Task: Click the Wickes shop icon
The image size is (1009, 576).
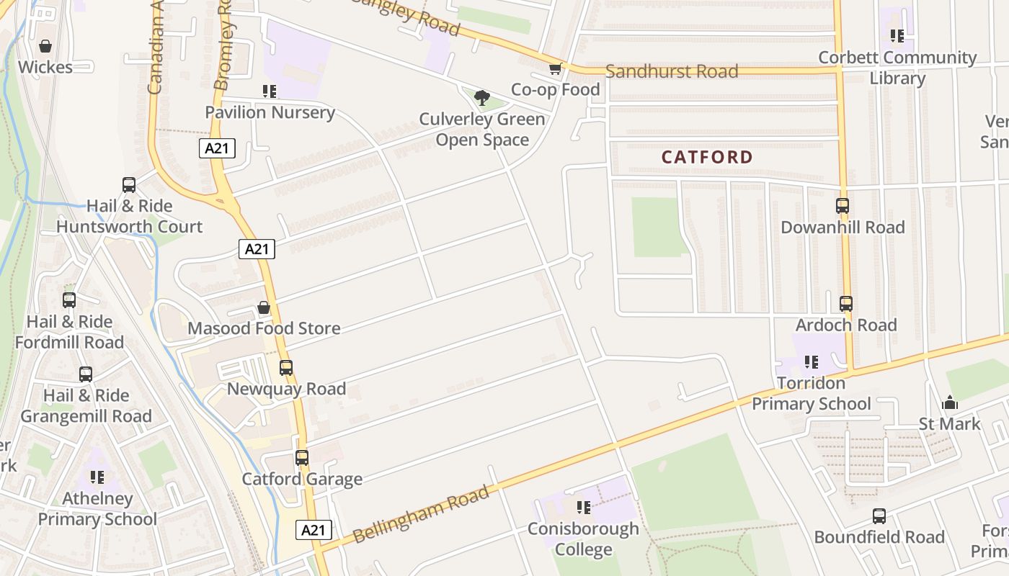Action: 45,47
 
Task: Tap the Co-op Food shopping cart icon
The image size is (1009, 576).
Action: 555,69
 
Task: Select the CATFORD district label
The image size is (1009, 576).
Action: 706,157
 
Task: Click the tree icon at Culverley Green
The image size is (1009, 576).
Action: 482,98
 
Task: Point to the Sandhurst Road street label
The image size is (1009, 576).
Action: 672,71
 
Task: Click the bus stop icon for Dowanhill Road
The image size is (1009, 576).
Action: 843,206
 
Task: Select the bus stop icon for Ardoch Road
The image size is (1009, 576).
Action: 845,304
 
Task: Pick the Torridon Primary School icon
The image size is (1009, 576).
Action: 812,362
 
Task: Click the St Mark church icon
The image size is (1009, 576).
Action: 949,403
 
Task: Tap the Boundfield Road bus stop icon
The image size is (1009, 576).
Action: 879,516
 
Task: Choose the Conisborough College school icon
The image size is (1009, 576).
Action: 584,508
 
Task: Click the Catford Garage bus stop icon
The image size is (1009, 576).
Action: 301,458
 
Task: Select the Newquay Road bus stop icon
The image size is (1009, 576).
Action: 286,368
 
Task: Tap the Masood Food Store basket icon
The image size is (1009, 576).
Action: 264,307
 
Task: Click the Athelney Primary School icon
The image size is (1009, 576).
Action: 97,477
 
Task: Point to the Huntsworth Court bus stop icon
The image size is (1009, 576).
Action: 129,185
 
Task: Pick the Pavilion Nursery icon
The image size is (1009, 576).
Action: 270,91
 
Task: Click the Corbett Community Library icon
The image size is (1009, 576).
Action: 897,36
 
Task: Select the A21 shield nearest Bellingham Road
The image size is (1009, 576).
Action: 314,531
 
